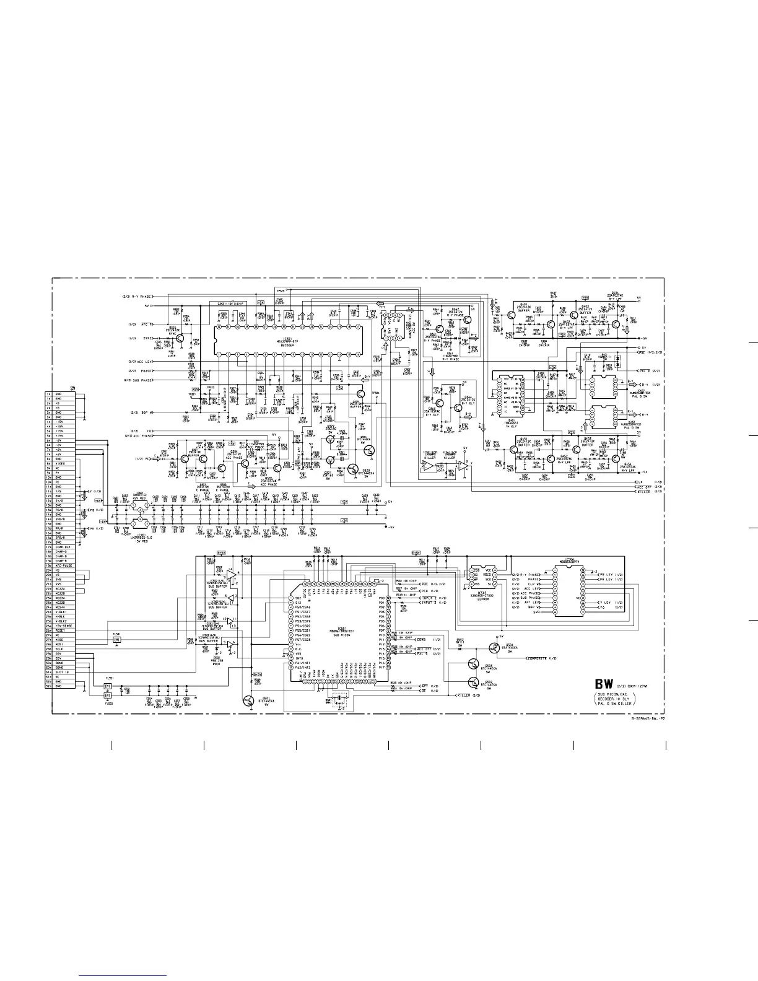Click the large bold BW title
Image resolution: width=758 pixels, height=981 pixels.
point(604,684)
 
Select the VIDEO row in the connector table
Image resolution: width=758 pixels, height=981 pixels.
point(60,463)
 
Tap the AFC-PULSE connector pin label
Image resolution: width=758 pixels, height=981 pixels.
point(61,566)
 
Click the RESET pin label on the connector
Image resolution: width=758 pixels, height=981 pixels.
point(60,631)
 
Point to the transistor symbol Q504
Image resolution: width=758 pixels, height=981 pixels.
point(494,648)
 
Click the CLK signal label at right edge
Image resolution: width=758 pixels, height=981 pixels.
point(640,482)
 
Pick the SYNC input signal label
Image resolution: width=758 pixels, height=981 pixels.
point(148,338)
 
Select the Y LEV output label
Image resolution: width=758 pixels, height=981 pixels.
point(607,603)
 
